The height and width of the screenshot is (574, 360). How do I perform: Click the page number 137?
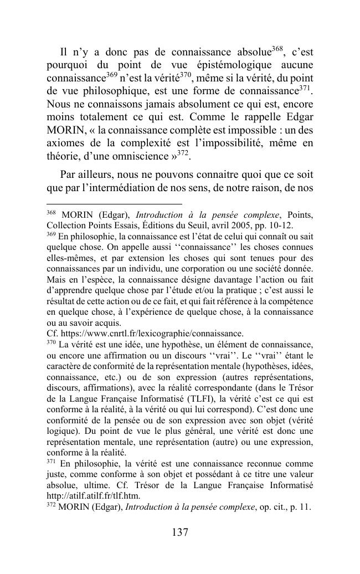(x=180, y=533)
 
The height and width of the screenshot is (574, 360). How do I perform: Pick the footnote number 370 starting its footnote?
(x=52, y=342)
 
